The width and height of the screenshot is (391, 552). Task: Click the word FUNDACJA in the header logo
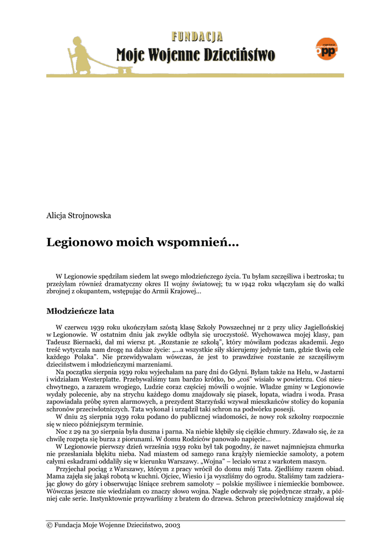[x=197, y=37]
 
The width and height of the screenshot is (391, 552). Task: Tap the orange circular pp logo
[x=326, y=49]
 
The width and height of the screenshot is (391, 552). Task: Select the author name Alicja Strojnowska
[x=79, y=215]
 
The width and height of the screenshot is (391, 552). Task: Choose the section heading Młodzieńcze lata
[x=80, y=311]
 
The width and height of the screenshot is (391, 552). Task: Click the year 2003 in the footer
[x=172, y=525]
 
